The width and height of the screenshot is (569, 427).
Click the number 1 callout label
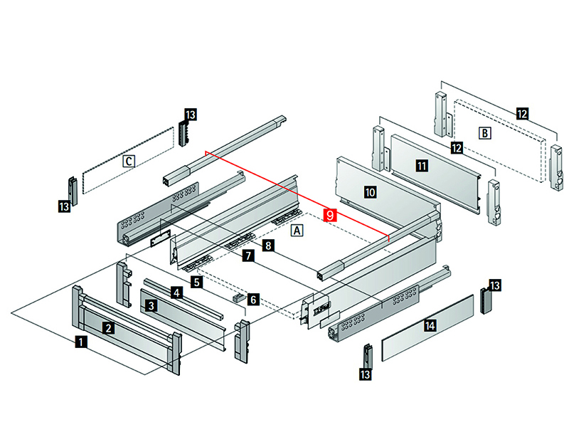(82, 342)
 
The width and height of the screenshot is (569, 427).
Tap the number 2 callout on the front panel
(107, 328)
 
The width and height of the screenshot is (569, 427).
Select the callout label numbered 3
(151, 306)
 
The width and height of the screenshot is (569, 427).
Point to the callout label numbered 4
(176, 292)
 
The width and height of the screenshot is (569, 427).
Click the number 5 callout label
(196, 282)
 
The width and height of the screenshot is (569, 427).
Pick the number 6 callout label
(253, 300)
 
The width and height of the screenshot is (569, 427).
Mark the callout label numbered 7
(247, 255)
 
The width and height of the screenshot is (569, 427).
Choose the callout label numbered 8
(267, 246)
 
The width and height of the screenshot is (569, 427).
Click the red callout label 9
(329, 214)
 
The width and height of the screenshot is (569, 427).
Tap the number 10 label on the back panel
(369, 192)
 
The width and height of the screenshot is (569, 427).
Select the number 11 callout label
(422, 166)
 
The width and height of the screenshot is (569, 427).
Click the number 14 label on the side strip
(429, 326)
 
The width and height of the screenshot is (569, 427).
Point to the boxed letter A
(297, 231)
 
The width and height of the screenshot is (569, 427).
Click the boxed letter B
(484, 132)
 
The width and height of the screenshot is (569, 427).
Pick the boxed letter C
(128, 161)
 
